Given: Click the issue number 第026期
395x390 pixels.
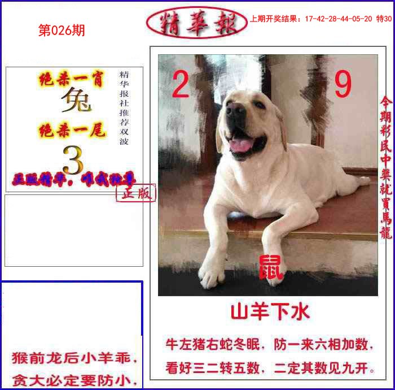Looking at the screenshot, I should tap(62, 31).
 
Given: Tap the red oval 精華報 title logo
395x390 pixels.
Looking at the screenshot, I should tap(196, 22).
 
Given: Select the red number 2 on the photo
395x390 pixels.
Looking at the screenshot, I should tap(180, 86).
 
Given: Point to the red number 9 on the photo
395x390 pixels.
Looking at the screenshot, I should tap(343, 85).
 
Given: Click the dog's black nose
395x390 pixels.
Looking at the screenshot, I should tap(235, 111).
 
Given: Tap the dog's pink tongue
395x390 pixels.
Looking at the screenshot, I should tap(242, 145).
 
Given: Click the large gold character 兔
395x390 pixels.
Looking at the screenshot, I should tap(76, 102).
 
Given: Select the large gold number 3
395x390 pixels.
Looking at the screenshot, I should tap(73, 160).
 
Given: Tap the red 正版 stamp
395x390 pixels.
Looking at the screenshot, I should tap(135, 193).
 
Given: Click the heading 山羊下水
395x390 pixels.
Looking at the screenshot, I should tap(270, 311).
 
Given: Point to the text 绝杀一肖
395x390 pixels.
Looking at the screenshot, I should tap(72, 80).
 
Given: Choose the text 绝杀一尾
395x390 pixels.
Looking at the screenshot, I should tap(72, 131).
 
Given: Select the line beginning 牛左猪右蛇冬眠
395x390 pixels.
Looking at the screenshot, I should tap(270, 344).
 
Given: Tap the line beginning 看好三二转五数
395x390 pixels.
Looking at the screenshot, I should tap(270, 369).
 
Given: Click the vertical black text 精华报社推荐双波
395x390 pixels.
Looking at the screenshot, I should tap(124, 108).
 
